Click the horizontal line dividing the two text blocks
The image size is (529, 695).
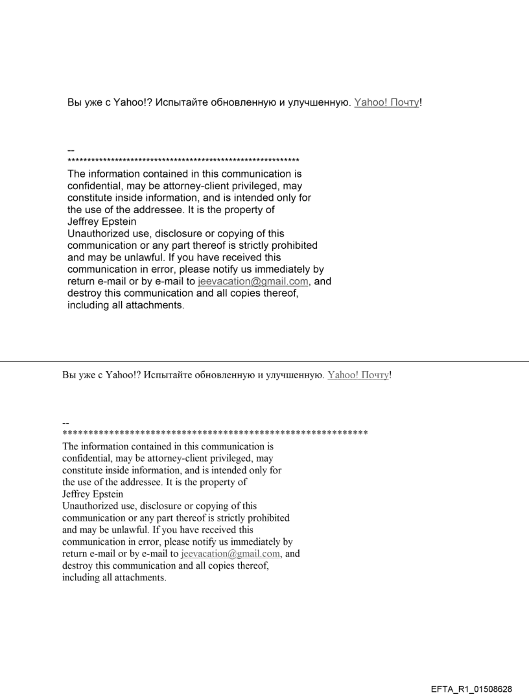coord(264,361)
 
